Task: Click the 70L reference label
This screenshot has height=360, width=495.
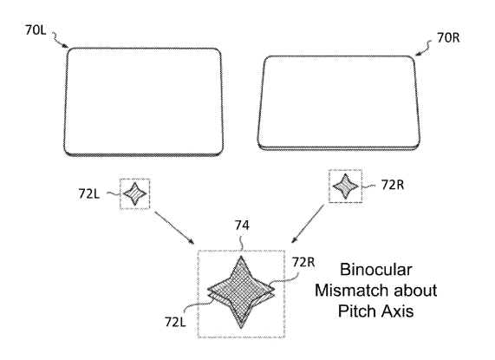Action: pos(36,30)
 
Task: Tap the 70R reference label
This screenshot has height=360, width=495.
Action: pos(448,38)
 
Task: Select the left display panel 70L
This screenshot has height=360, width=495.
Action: pos(144,102)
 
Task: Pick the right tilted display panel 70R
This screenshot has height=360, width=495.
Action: pos(339,103)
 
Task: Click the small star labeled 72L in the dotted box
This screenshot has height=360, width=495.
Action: pos(134,193)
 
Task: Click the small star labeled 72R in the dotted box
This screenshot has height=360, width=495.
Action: pos(346,187)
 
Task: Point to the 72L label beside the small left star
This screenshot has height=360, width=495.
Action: pos(89,194)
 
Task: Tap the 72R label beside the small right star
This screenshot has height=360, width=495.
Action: pos(393,185)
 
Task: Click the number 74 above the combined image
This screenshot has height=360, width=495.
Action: pos(242,226)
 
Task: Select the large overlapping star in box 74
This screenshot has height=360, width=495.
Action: pos(241,291)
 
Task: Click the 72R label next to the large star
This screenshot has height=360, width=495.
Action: pos(303,262)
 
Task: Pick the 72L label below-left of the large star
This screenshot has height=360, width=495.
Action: pos(175,322)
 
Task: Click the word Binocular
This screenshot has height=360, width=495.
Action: pos(376,270)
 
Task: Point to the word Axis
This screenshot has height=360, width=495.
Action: pos(398,311)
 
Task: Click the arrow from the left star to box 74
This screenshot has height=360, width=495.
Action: pos(174,227)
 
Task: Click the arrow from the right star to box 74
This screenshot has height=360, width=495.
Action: pos(308,224)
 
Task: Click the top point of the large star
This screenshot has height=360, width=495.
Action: pos(242,256)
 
